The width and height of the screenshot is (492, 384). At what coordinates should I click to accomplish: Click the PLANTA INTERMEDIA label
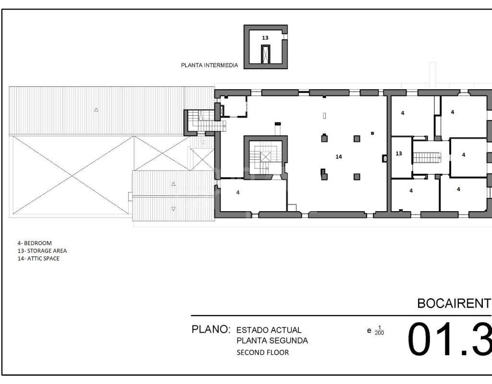click(209, 65)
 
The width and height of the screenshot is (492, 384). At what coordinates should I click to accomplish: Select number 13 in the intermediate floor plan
click(265, 37)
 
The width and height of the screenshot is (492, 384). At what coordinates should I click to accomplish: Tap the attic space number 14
click(339, 157)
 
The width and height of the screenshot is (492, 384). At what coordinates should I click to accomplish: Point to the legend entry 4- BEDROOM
click(35, 243)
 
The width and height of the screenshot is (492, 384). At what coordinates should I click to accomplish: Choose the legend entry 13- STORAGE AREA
click(42, 251)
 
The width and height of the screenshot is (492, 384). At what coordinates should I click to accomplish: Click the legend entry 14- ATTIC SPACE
click(38, 258)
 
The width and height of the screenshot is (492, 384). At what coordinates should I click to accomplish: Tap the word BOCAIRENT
click(454, 303)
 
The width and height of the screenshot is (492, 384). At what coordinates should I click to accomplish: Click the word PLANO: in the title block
click(211, 329)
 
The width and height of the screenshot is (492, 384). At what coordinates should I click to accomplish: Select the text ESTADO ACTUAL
click(269, 330)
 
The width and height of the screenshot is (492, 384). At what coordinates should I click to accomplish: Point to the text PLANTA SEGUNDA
click(272, 340)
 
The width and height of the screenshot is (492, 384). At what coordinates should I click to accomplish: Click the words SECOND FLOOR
click(263, 352)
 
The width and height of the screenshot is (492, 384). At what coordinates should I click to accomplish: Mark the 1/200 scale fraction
click(380, 330)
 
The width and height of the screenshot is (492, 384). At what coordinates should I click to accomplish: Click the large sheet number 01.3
click(450, 339)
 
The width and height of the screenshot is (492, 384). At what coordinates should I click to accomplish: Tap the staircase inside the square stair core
click(265, 157)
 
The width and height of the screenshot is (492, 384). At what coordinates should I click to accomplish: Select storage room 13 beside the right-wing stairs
click(399, 154)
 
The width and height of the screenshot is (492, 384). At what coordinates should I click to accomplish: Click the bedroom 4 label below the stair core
click(238, 192)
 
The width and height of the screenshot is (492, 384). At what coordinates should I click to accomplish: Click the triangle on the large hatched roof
click(96, 110)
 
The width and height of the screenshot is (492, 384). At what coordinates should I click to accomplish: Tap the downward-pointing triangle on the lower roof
click(173, 209)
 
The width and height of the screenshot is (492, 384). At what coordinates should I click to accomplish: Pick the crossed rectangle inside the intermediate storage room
click(266, 55)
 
